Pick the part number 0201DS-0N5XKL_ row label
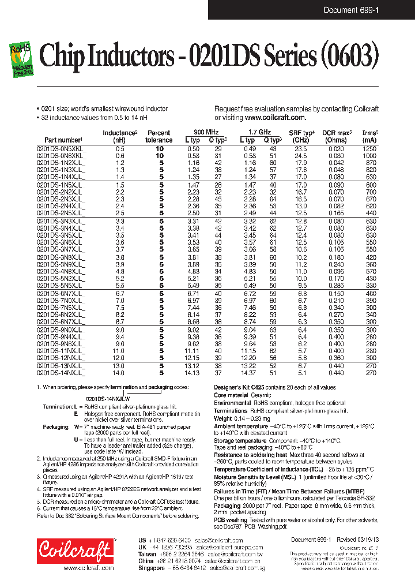click(61, 149)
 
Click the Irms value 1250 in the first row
click(369, 149)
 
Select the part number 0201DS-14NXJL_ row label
click(61, 373)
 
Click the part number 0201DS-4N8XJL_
click(61, 271)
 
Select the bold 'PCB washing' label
click(231, 520)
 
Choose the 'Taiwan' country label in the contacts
click(148, 553)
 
